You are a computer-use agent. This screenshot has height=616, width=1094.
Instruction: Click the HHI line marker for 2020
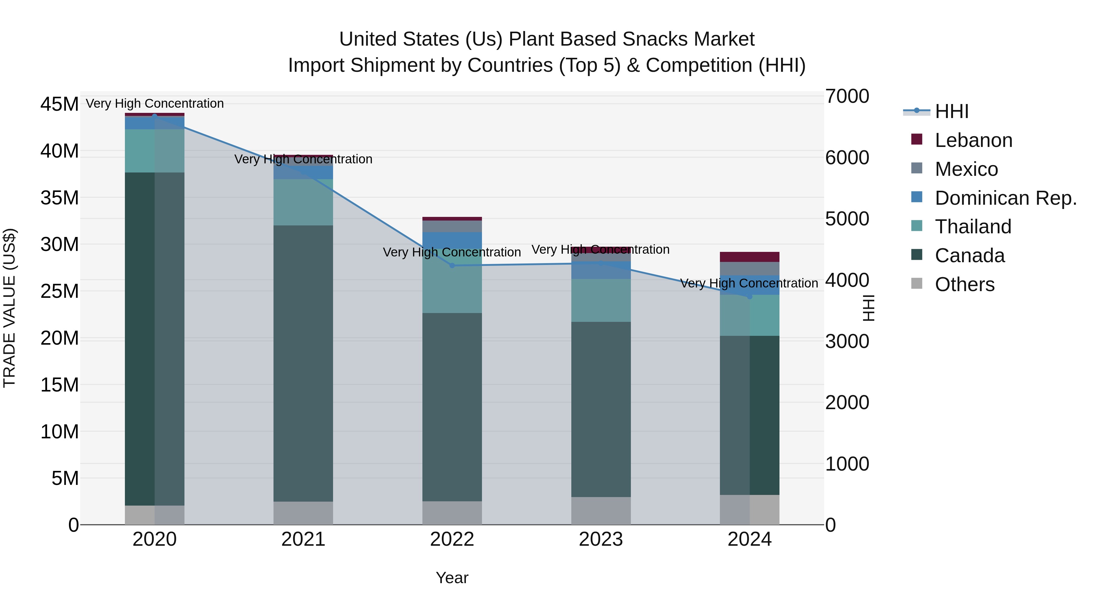pyautogui.click(x=155, y=116)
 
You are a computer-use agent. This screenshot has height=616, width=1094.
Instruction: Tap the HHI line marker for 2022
pyautogui.click(x=452, y=265)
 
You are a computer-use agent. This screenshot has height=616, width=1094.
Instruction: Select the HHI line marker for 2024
pyautogui.click(x=750, y=297)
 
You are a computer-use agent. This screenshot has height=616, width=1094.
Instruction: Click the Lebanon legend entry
pyautogui.click(x=973, y=140)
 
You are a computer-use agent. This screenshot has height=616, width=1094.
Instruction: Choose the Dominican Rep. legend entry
pyautogui.click(x=1005, y=198)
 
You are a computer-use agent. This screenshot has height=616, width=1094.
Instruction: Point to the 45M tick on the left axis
pyautogui.click(x=60, y=104)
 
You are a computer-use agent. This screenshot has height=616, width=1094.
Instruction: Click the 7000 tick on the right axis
pyautogui.click(x=847, y=96)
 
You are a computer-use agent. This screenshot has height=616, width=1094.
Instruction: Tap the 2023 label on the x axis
pyautogui.click(x=600, y=539)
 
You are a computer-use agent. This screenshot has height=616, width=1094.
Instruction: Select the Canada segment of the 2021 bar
pyautogui.click(x=303, y=364)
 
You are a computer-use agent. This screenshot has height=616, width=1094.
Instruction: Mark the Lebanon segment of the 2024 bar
pyautogui.click(x=750, y=257)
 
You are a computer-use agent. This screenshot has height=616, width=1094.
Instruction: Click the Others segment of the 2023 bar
pyautogui.click(x=600, y=510)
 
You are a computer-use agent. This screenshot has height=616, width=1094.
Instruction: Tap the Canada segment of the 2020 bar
pyautogui.click(x=155, y=339)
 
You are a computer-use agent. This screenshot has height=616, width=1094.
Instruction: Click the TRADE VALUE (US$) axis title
pyautogui.click(x=9, y=308)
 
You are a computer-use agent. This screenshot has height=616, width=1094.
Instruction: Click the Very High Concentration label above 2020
pyautogui.click(x=155, y=103)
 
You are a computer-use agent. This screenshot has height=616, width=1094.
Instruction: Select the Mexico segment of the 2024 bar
pyautogui.click(x=750, y=269)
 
